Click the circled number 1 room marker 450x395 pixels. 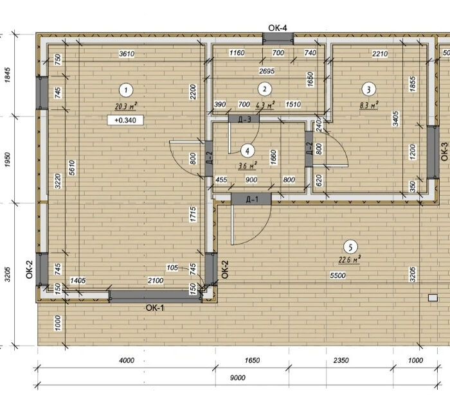126,91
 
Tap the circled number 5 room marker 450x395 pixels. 350,247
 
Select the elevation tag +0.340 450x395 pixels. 125,120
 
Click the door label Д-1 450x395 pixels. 252,199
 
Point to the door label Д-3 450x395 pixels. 245,119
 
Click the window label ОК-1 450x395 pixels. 155,308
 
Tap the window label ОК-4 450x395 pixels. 278,28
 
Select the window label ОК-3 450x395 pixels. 444,152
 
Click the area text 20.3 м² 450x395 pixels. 126,107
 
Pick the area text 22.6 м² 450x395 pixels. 349,259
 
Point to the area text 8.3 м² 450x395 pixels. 369,105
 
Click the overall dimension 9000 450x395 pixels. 238,378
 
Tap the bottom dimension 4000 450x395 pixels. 127,360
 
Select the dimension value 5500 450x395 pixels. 337,276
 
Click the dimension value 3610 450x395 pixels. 127,53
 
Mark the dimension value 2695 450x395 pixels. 267,71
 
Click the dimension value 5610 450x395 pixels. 72,168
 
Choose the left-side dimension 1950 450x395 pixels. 8,160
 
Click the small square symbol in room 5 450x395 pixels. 433,298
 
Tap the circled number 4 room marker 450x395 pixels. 248,151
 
